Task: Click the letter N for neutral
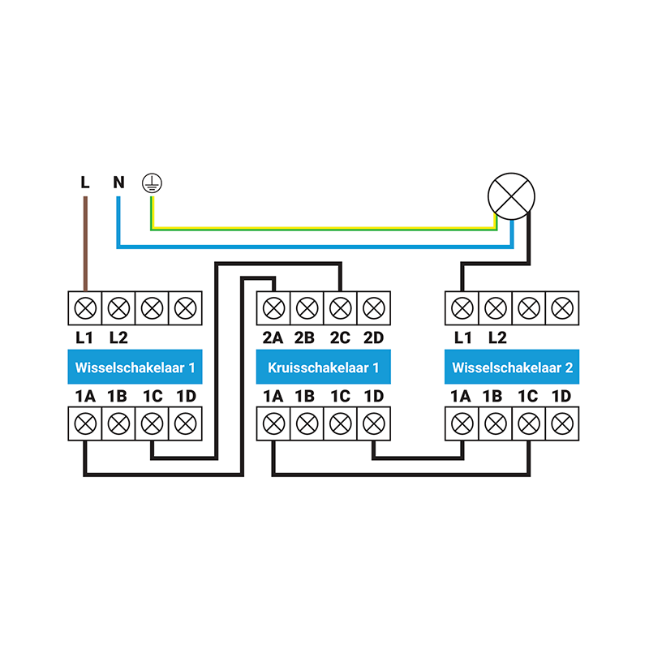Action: pos(118,182)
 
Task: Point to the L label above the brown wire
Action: pos(85,182)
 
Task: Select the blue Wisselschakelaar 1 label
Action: pos(135,367)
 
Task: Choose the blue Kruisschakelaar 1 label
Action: pos(323,367)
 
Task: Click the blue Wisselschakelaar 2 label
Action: pos(512,367)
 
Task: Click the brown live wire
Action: pos(85,243)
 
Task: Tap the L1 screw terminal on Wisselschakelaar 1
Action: pos(85,307)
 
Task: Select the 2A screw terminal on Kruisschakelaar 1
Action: pos(273,307)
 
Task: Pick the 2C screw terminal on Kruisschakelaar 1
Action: pos(340,307)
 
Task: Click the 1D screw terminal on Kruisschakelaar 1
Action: pos(373,423)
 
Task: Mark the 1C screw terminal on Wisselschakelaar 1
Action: pos(152,423)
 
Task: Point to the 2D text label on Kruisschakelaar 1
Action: pos(373,337)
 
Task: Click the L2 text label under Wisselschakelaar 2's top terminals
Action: pos(496,337)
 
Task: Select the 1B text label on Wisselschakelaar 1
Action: pos(118,397)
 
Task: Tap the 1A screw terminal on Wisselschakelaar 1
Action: pos(85,423)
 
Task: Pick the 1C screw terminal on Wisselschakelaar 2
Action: pos(529,423)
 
